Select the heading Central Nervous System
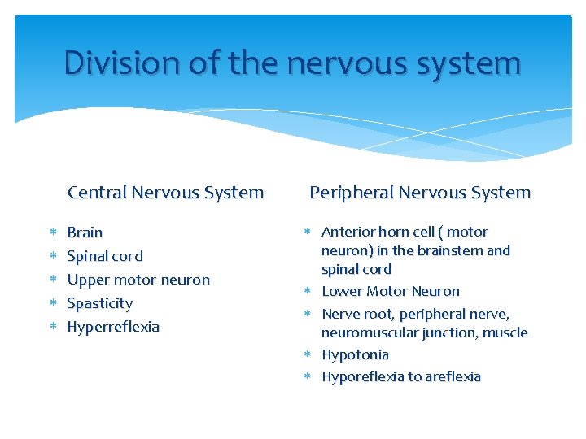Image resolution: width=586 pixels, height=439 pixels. click(x=165, y=193)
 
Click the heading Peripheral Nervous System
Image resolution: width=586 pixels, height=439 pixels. click(x=419, y=193)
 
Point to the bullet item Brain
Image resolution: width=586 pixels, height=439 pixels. click(x=85, y=233)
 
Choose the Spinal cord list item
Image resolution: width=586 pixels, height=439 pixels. click(x=104, y=256)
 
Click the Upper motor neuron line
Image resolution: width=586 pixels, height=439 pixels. click(x=138, y=280)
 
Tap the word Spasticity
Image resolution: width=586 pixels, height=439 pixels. click(x=99, y=303)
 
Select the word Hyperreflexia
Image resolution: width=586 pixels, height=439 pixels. click(x=113, y=327)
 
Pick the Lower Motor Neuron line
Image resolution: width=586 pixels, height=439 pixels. click(x=391, y=291)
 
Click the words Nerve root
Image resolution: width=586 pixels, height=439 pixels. click(x=356, y=314)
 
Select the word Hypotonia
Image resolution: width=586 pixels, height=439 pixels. click(x=355, y=354)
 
